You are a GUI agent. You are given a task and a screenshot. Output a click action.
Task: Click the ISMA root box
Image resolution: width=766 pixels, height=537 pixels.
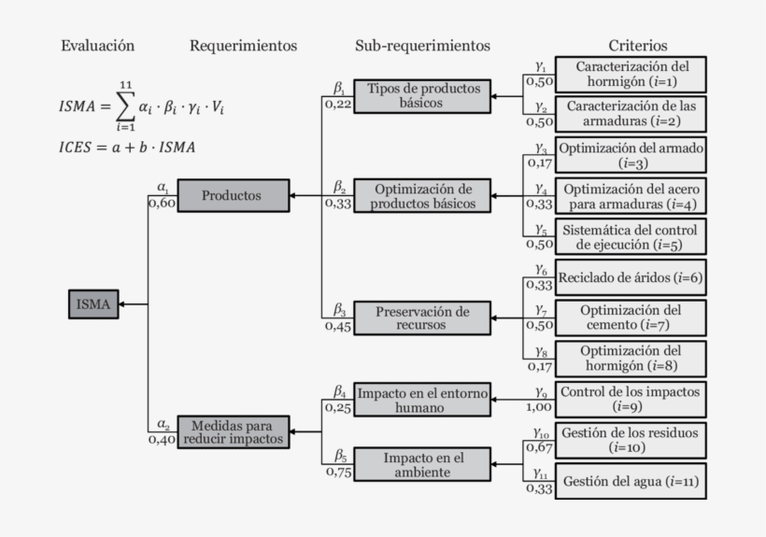pyautogui.click(x=93, y=304)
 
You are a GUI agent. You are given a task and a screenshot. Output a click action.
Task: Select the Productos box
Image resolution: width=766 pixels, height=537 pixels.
pyautogui.click(x=232, y=195)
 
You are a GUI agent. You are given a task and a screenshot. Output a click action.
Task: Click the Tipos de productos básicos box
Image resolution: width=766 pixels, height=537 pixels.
pyautogui.click(x=422, y=96)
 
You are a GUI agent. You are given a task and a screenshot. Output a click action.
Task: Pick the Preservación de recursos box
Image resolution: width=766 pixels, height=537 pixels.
pyautogui.click(x=422, y=318)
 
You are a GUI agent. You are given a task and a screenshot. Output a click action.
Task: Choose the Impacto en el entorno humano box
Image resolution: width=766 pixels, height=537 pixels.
pyautogui.click(x=422, y=400)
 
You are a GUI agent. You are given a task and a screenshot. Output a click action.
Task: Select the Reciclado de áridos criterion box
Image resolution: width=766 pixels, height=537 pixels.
pyautogui.click(x=631, y=277)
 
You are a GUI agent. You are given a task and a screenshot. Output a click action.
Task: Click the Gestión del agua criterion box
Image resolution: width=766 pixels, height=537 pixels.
pyautogui.click(x=631, y=481)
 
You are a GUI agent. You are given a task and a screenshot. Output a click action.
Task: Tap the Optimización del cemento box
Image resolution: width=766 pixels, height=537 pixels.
pyautogui.click(x=631, y=318)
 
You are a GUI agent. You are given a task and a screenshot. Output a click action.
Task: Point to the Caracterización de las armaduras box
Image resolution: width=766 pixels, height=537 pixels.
pyautogui.click(x=631, y=114)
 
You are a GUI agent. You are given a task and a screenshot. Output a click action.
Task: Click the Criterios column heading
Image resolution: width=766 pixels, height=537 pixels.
pyautogui.click(x=638, y=46)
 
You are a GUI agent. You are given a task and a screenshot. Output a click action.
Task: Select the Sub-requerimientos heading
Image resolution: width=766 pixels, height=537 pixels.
pyautogui.click(x=422, y=46)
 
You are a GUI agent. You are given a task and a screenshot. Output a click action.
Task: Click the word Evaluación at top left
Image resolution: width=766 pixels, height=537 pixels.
pyautogui.click(x=98, y=46)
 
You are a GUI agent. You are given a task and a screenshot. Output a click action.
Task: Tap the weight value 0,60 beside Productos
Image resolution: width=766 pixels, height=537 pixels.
pyautogui.click(x=162, y=204)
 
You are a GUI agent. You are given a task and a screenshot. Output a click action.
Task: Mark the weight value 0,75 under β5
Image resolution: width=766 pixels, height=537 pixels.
pyautogui.click(x=339, y=472)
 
